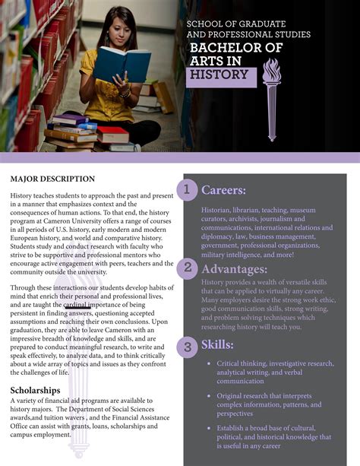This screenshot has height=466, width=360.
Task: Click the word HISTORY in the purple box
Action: [x=219, y=74]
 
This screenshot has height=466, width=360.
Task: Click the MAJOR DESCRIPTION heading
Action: [x=52, y=179]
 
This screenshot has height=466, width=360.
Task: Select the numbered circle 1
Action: [x=186, y=189]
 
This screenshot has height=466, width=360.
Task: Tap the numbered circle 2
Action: [x=186, y=268]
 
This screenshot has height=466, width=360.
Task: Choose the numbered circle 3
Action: [x=186, y=347]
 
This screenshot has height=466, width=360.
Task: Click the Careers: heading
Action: [x=223, y=189]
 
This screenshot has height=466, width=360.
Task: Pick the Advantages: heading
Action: [x=234, y=269]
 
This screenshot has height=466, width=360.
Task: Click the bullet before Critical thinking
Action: [x=208, y=364]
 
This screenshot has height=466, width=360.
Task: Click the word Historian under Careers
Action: [x=219, y=210]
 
